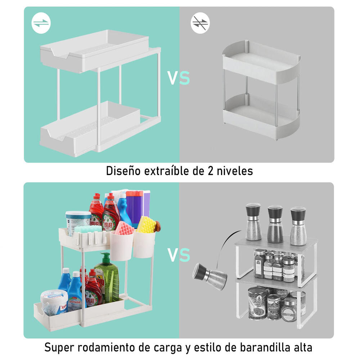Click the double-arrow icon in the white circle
tap(41, 23)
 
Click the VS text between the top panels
tap(179, 78)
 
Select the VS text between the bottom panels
tap(179, 255)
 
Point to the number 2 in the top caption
tap(210, 171)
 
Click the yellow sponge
tap(147, 225)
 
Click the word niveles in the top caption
tap(235, 171)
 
